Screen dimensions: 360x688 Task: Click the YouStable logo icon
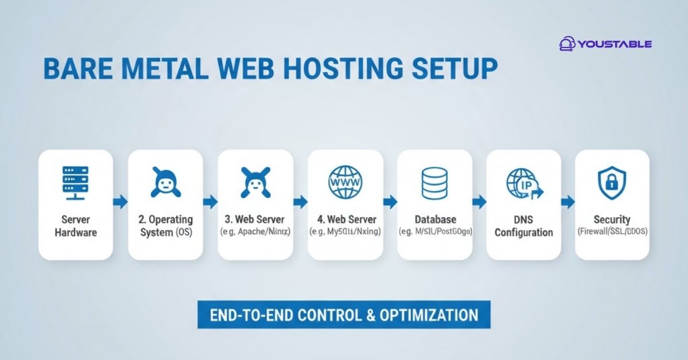pos(567,44)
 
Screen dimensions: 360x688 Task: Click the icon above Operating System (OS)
pos(166,183)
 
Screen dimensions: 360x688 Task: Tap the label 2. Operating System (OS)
pos(166,226)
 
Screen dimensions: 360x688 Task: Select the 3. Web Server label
pos(255,220)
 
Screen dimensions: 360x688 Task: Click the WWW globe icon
pos(344,183)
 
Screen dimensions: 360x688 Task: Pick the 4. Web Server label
pos(345,220)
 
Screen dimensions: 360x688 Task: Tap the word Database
pos(434,220)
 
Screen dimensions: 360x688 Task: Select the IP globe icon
pos(523,183)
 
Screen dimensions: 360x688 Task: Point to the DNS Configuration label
pos(523,226)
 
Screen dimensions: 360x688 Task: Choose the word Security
pos(612,220)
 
